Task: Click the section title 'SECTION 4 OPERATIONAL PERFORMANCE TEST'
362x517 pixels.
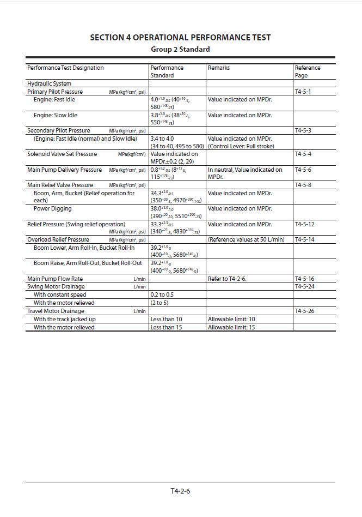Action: pyautogui.click(x=180, y=38)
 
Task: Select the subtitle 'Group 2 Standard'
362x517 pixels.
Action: pyautogui.click(x=180, y=49)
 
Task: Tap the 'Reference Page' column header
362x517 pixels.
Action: pyautogui.click(x=308, y=71)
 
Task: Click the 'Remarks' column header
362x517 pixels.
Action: pyautogui.click(x=219, y=68)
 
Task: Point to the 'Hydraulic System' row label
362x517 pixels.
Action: pyautogui.click(x=49, y=84)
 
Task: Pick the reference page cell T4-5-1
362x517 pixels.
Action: pyautogui.click(x=303, y=92)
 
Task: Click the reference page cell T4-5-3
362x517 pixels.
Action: pyautogui.click(x=303, y=131)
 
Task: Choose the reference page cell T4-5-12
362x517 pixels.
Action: pyautogui.click(x=304, y=224)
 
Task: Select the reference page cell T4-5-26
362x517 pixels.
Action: pyautogui.click(x=304, y=311)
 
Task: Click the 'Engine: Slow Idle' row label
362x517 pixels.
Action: pyautogui.click(x=56, y=116)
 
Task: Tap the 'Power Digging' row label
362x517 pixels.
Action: pyautogui.click(x=53, y=208)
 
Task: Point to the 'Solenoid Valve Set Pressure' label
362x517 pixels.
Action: pyautogui.click(x=62, y=154)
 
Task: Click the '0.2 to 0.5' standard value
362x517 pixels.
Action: pyautogui.click(x=162, y=294)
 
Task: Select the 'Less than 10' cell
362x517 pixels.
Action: pyautogui.click(x=166, y=319)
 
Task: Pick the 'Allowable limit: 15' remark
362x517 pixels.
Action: pyautogui.click(x=231, y=327)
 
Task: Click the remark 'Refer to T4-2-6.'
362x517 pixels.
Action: pyautogui.click(x=227, y=279)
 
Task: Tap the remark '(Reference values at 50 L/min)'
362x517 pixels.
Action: pyautogui.click(x=246, y=239)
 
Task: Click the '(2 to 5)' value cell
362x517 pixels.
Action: pyautogui.click(x=159, y=303)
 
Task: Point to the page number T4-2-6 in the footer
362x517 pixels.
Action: pyautogui.click(x=180, y=491)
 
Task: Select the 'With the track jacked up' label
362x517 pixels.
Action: pyautogui.click(x=65, y=319)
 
